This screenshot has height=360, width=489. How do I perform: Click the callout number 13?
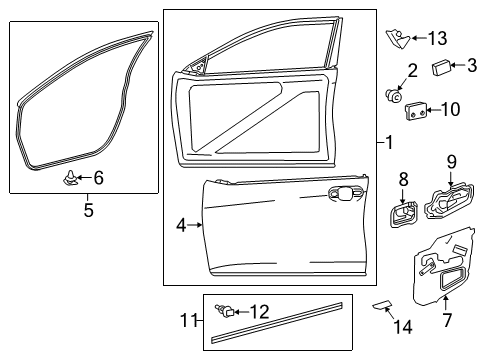click(x=437, y=38)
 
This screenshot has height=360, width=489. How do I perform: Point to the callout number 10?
click(x=450, y=108)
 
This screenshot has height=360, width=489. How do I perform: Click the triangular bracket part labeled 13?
click(x=396, y=39)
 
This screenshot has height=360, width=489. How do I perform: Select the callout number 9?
click(x=451, y=161)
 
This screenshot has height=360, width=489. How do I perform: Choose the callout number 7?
click(x=447, y=320)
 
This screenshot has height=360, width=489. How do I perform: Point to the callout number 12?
click(x=260, y=310)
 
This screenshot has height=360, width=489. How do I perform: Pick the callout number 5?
click(x=88, y=210)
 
